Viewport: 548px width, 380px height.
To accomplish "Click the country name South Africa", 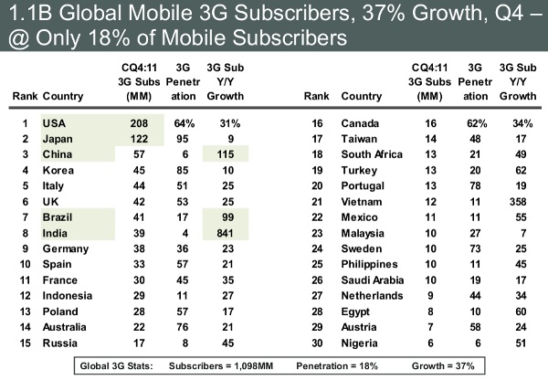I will (x=371, y=153).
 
